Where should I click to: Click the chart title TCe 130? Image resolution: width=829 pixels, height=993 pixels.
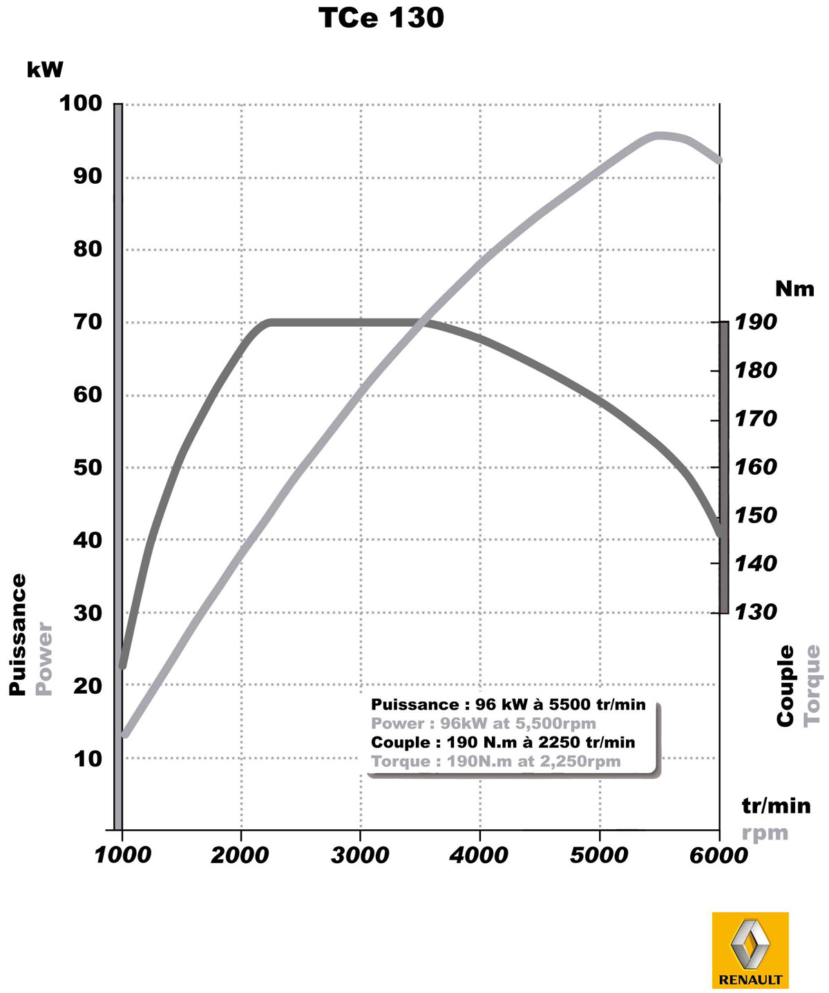coord(381,19)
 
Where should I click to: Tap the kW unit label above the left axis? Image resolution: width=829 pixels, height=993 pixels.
coord(45,70)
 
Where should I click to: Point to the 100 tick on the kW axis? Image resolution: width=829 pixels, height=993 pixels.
coord(81,104)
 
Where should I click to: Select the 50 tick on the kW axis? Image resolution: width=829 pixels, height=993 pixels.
coord(88,467)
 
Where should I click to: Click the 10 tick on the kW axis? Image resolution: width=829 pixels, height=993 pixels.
coord(88,758)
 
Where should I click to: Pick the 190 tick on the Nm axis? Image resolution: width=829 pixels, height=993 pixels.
coord(755,322)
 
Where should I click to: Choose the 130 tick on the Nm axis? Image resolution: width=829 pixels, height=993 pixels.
coord(755,612)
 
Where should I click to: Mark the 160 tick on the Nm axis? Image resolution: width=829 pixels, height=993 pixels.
coord(755,467)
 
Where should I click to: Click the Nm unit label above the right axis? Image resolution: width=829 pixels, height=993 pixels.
coord(794,288)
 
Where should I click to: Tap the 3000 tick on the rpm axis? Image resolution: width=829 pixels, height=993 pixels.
coord(360,855)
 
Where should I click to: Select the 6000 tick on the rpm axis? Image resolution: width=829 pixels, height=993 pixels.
coord(718,855)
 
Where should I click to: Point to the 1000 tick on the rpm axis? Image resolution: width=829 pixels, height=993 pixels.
coord(122,855)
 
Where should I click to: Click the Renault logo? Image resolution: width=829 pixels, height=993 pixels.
coord(750,950)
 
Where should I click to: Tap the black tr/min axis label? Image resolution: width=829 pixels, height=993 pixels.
coord(776,806)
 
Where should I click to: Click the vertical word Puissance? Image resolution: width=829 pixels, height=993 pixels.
coord(18,634)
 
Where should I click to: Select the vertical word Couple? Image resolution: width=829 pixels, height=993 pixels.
coord(786,685)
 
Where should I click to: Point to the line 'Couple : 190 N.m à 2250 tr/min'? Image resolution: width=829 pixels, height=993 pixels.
coord(503,742)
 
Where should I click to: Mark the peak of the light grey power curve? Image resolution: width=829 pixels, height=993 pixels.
coord(659,135)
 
